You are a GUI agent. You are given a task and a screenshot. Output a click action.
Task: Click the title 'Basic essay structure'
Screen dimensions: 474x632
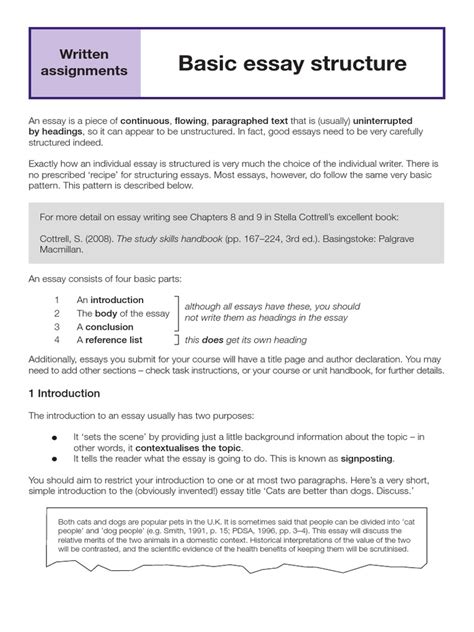click(x=292, y=64)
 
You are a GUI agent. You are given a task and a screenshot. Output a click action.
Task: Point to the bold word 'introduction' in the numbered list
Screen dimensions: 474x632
click(x=116, y=299)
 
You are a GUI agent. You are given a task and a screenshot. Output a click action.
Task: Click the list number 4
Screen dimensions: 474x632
click(x=59, y=340)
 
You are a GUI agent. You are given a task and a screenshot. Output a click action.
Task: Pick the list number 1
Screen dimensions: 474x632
click(x=59, y=299)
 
